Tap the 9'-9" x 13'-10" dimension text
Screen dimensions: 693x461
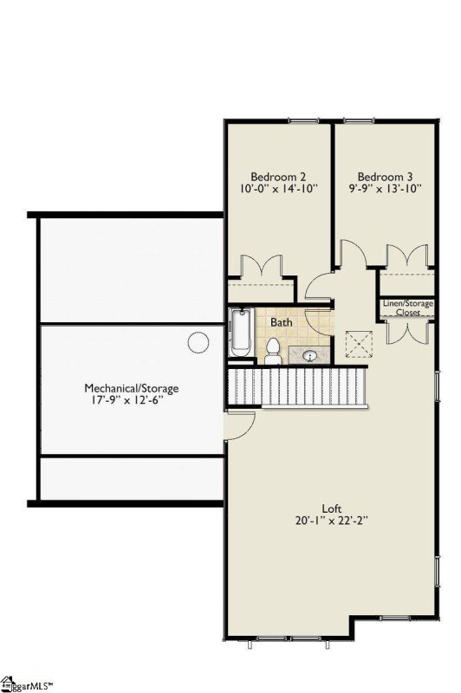[383, 187]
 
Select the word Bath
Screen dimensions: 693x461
[281, 322]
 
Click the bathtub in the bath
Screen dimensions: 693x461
[240, 333]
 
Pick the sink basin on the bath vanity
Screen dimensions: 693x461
[308, 353]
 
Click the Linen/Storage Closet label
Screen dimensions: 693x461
[407, 308]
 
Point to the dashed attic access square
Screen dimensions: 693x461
[356, 344]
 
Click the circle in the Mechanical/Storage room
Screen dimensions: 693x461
[199, 341]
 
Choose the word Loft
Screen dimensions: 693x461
[331, 508]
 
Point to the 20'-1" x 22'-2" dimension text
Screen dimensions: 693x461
[331, 521]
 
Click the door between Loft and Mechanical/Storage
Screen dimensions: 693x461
[237, 424]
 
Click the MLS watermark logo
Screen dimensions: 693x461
[26, 684]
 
